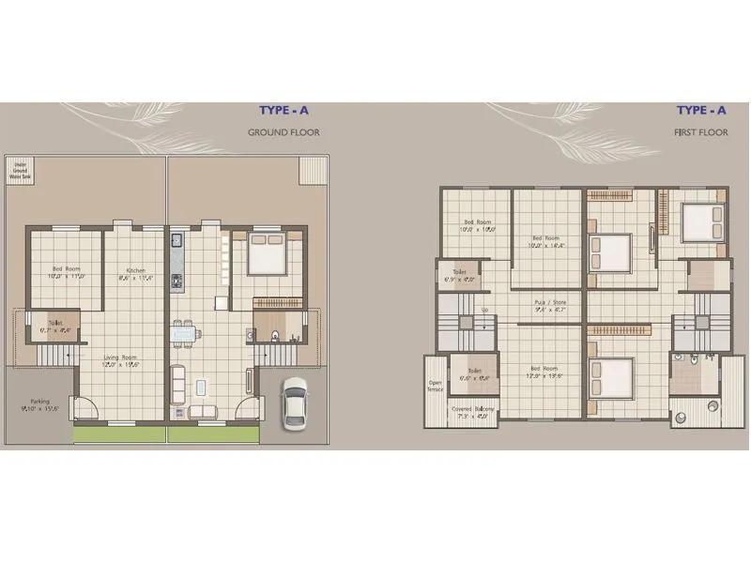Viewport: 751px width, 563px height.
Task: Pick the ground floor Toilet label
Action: point(56,327)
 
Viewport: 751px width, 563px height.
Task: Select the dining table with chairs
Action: point(185,332)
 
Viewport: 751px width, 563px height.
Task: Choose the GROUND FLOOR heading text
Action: point(284,133)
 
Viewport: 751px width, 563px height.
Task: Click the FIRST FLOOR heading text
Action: point(700,133)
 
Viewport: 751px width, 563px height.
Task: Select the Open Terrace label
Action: point(435,386)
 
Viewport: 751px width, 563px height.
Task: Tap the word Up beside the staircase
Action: point(484,310)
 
